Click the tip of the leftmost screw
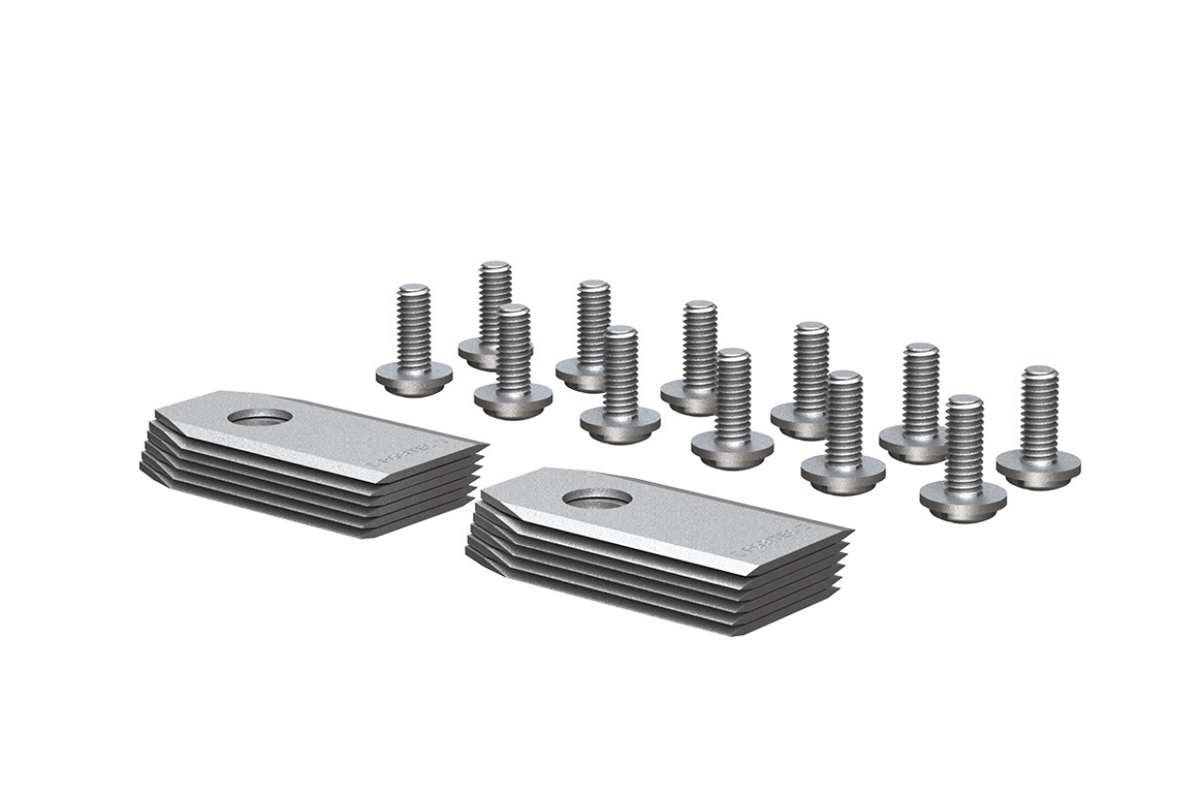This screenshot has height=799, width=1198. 413,288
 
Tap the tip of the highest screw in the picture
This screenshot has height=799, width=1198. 495,265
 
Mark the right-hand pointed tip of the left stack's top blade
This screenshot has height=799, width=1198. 484,446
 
